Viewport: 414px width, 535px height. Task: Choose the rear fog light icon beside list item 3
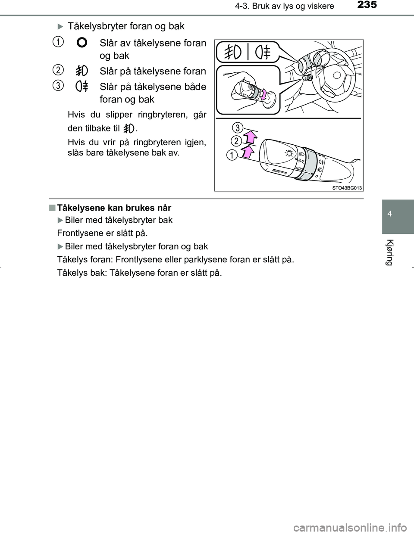(x=82, y=87)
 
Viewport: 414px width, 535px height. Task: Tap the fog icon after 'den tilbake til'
(x=129, y=128)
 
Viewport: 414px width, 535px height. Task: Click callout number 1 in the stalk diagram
(x=233, y=155)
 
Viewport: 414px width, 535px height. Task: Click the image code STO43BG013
(x=347, y=187)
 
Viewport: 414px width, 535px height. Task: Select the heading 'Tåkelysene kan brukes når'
(x=114, y=208)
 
